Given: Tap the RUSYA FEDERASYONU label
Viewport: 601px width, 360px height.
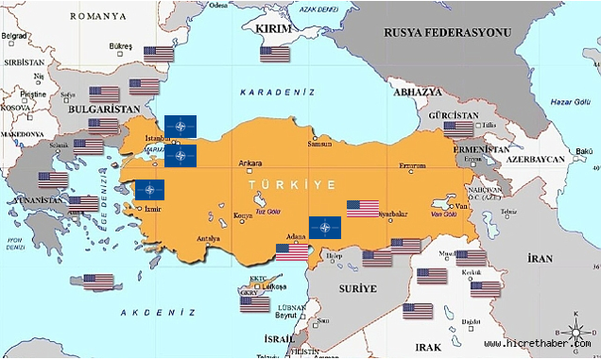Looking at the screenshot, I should tap(446, 32).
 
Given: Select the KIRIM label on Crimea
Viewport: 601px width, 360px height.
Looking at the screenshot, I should tap(274, 29).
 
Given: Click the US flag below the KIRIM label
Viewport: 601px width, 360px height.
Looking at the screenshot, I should tap(275, 54).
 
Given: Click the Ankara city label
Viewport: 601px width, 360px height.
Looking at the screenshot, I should tap(249, 162).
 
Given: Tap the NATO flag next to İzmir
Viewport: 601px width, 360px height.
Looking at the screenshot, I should tap(148, 189).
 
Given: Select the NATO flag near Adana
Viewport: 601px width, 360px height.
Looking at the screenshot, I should tap(325, 227).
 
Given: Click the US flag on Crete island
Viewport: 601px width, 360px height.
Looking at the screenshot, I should tap(98, 281).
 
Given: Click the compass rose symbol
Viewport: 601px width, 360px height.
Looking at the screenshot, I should tap(574, 332).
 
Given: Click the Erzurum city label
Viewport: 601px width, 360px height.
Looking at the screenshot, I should tap(412, 165).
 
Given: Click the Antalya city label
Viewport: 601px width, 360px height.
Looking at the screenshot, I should tap(208, 237).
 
